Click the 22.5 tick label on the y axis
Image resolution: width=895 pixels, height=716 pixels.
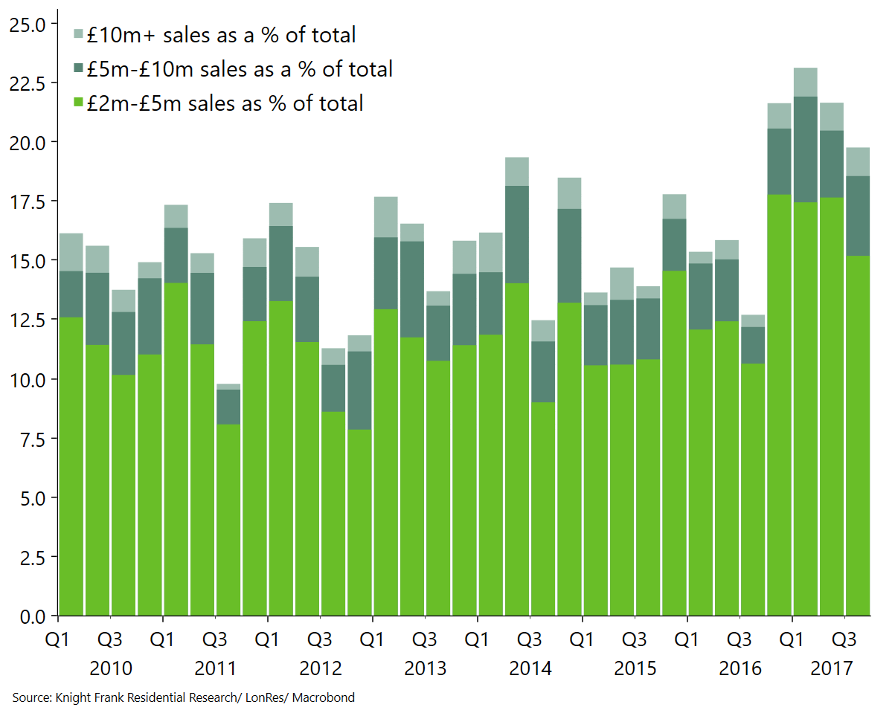click(27, 83)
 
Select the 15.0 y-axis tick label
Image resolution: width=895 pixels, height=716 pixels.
click(27, 261)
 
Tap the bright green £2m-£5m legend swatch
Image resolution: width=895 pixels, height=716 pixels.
click(78, 103)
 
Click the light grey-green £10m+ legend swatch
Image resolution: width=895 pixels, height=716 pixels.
click(78, 34)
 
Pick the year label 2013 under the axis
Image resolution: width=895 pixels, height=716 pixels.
click(426, 668)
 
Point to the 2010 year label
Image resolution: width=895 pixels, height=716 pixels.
click(111, 668)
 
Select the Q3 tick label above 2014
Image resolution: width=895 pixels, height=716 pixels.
click(530, 639)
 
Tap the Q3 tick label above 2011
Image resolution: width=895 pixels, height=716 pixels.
click(215, 639)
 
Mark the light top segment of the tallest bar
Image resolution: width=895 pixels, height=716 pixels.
click(805, 82)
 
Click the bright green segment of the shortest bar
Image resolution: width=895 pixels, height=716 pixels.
click(228, 520)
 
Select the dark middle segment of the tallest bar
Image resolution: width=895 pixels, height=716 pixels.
click(805, 149)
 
